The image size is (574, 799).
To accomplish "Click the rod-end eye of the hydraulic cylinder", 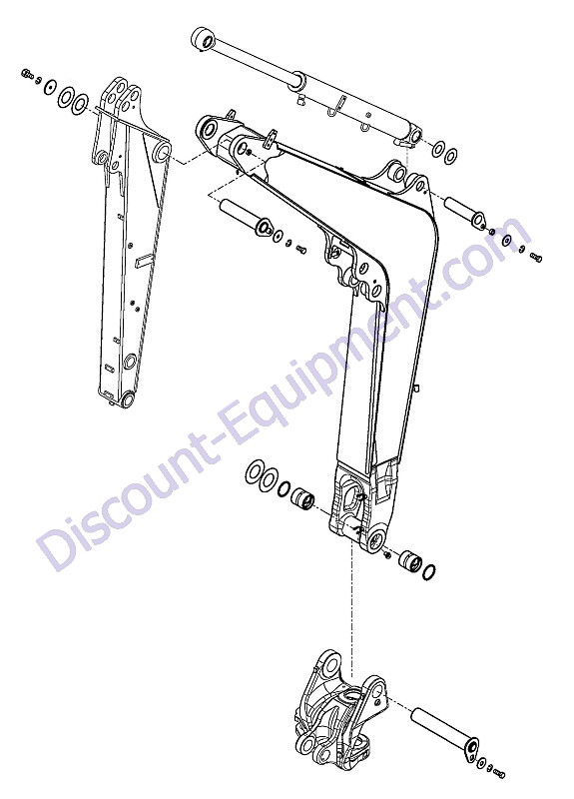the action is pos(204,39).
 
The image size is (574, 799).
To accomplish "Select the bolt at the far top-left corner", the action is pos(27,74).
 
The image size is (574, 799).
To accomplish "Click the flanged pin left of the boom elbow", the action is pos(246,217).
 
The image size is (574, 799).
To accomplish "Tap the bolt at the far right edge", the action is pos(536,258).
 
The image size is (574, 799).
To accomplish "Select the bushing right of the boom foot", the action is pos(410,561).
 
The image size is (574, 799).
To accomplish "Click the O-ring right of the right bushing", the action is pos(429,572).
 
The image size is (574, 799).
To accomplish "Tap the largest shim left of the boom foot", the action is pos(255,472).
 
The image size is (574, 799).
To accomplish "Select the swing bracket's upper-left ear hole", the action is pos(331,664).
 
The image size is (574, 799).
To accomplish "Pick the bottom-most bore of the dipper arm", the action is pos(128,399).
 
